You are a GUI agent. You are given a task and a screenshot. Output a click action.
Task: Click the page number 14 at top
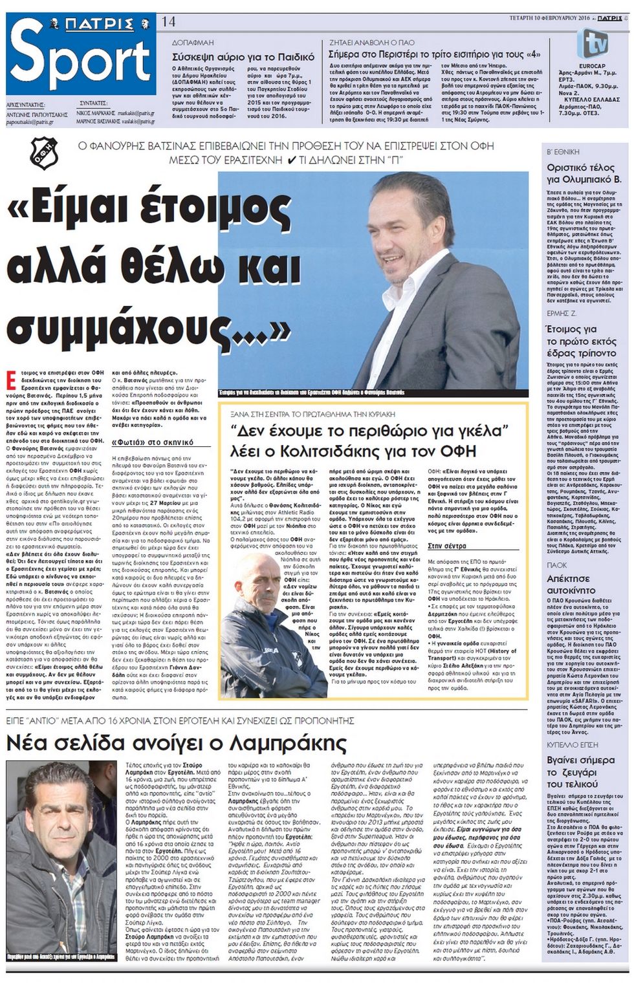168,21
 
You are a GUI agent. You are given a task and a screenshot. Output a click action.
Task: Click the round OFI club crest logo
43,153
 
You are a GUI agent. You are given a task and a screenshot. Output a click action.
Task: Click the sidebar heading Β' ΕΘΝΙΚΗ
563,151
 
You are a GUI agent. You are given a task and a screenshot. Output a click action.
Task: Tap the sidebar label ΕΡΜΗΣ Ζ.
561,313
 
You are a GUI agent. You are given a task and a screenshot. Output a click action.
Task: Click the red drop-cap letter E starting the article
11,378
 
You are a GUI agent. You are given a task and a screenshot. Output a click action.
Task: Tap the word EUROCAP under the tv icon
593,66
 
